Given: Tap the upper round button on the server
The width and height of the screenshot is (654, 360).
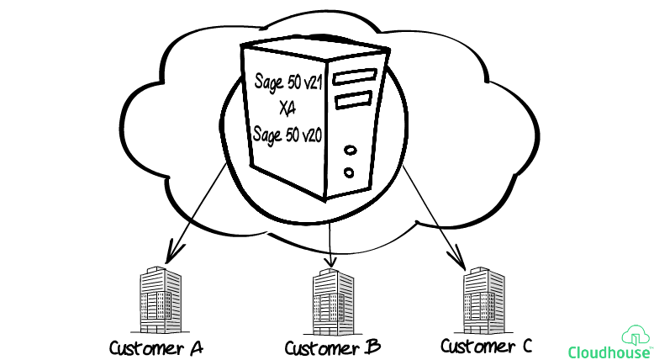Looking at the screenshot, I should (x=350, y=151).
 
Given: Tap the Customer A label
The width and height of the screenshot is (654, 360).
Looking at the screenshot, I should (x=157, y=347).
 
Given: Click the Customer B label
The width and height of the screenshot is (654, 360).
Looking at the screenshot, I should (x=333, y=347).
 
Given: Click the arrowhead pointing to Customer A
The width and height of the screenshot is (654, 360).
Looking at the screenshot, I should (x=175, y=251).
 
